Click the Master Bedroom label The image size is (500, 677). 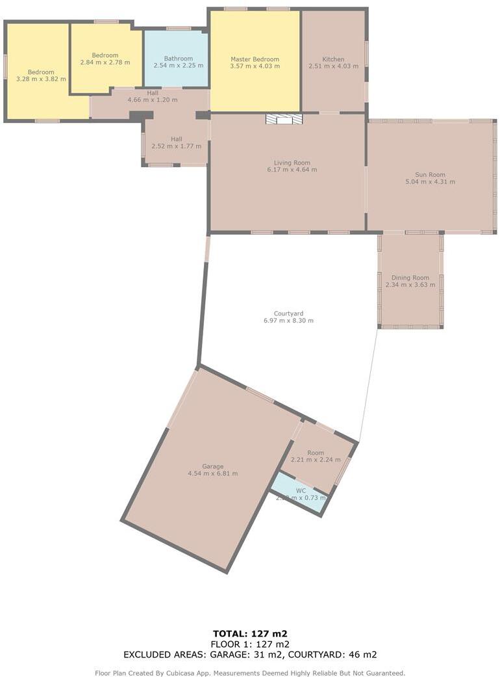(x=255, y=59)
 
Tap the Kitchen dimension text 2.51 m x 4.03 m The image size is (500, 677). (x=333, y=66)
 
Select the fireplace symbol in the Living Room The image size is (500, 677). (x=284, y=119)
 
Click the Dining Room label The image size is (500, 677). (x=410, y=278)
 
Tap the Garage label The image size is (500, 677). (x=212, y=466)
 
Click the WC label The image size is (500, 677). (x=301, y=490)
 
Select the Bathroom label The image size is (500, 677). (x=178, y=59)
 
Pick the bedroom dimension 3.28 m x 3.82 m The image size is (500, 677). (x=41, y=79)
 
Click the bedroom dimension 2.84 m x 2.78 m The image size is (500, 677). (x=105, y=62)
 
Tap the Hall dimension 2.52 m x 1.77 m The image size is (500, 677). (x=176, y=146)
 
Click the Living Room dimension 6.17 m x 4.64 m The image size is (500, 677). (x=292, y=170)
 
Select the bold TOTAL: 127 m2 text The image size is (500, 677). (x=250, y=633)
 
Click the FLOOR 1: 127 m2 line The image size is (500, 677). (x=250, y=644)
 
